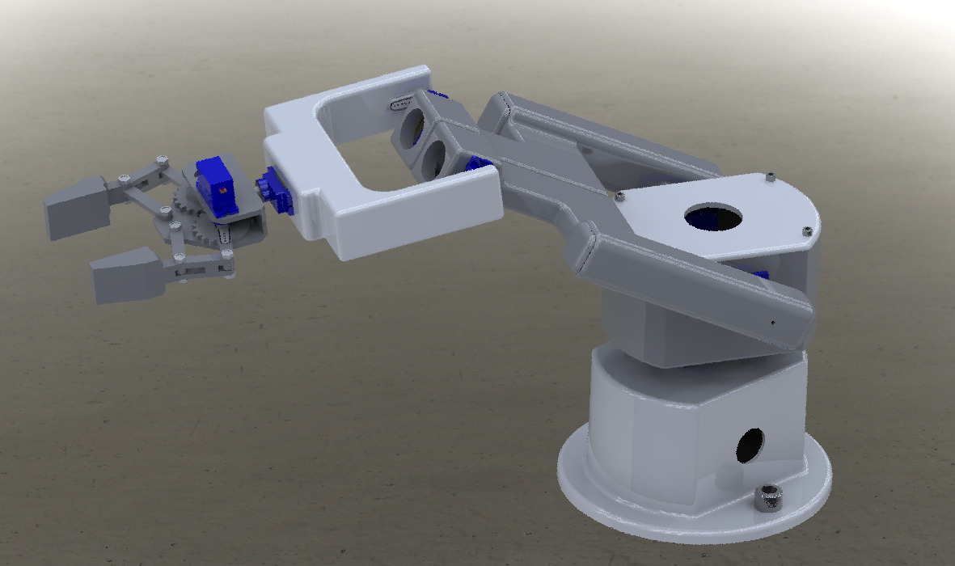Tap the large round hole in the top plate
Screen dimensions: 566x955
712,216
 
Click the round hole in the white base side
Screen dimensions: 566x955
750,444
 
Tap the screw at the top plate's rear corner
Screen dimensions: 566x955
771,175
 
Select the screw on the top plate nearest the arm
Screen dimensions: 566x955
619,196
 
